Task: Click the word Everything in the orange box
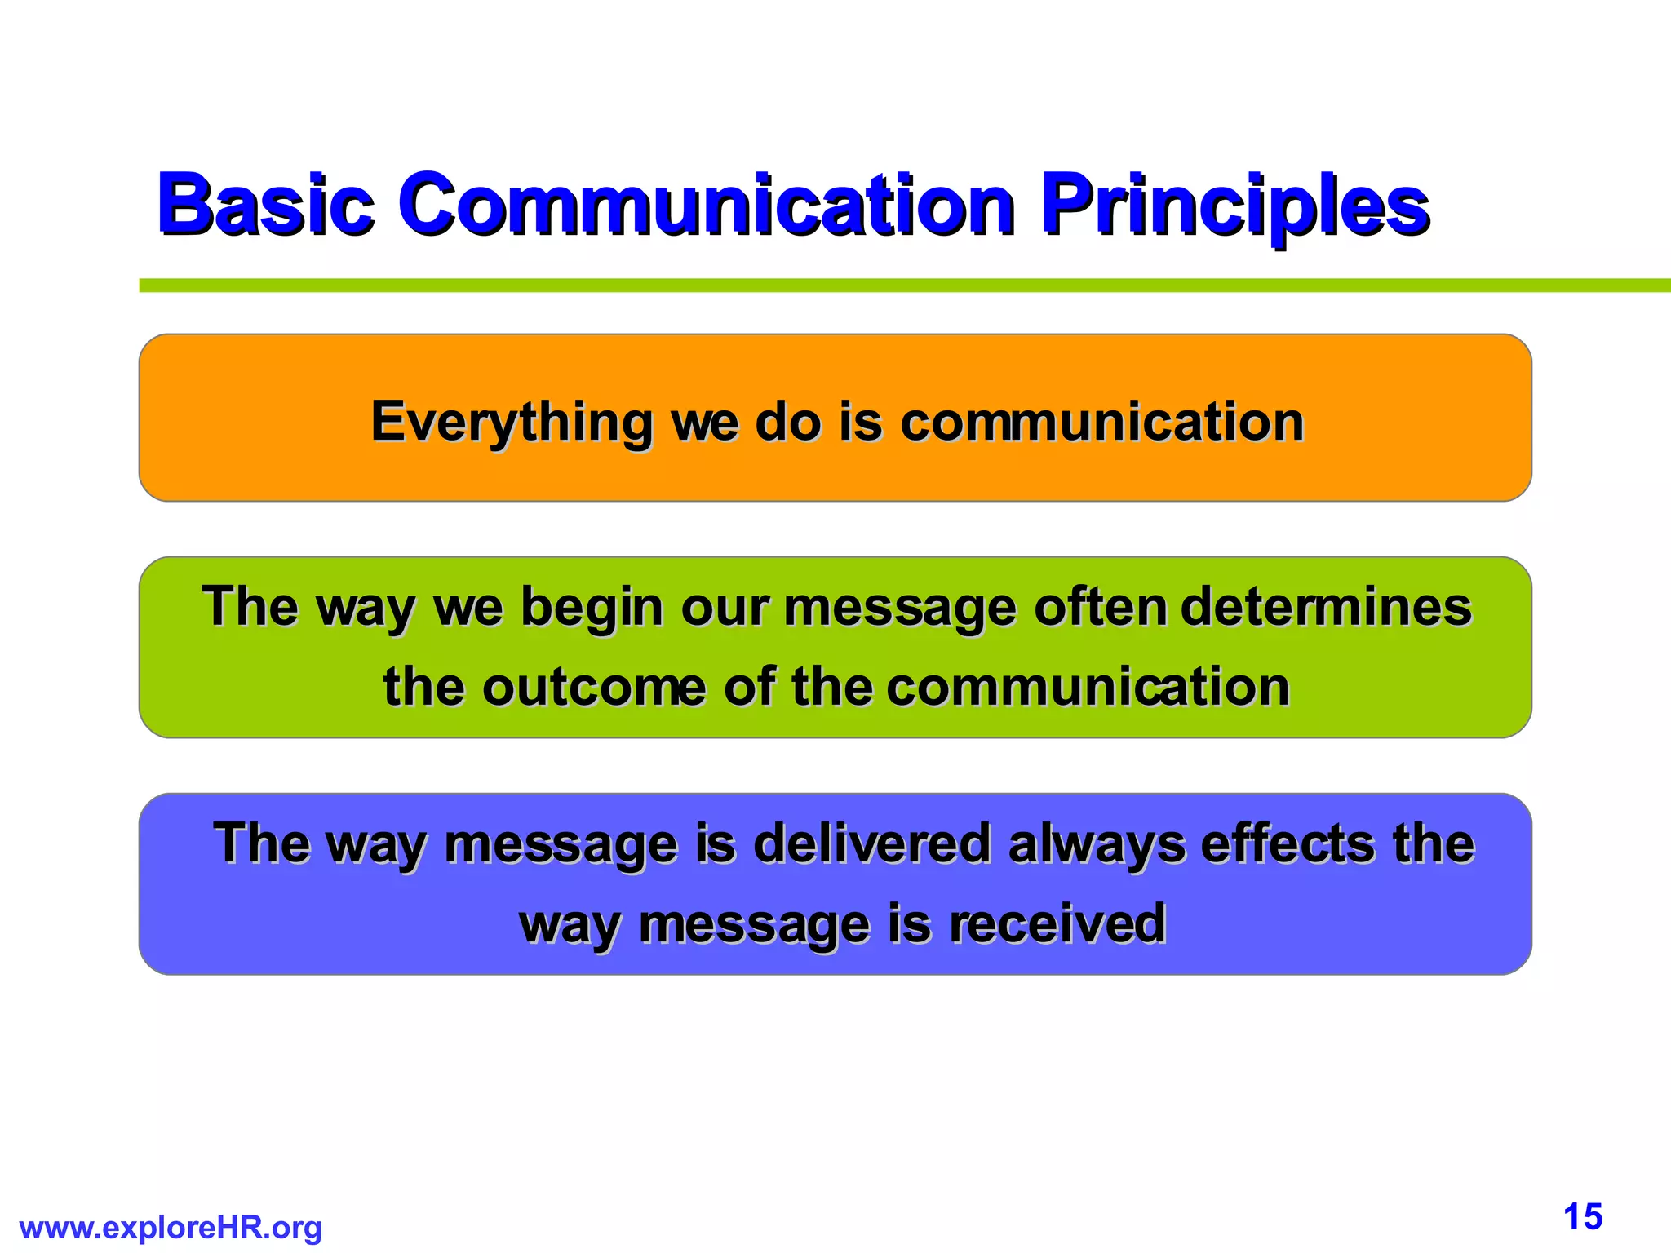[x=512, y=423]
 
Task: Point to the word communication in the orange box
[x=1102, y=423]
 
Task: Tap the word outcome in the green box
[x=594, y=687]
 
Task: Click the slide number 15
[x=1583, y=1217]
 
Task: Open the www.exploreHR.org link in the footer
[x=171, y=1228]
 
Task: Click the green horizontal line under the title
[x=898, y=286]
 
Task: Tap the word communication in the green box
[x=1088, y=687]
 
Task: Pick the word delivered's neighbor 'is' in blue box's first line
[x=716, y=843]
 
